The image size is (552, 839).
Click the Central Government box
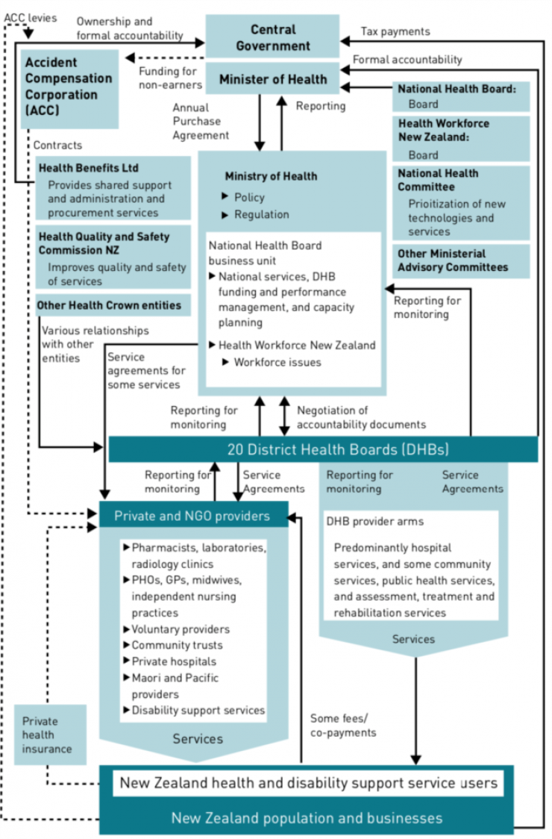click(x=272, y=37)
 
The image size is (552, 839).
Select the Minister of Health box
click(x=272, y=79)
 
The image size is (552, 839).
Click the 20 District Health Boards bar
click(x=323, y=449)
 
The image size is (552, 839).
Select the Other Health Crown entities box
click(x=110, y=305)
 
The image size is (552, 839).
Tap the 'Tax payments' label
click(x=395, y=31)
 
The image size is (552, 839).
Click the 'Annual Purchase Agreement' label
click(x=201, y=122)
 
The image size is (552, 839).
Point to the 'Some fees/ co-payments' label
click(x=343, y=725)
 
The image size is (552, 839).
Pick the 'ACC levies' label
click(x=31, y=17)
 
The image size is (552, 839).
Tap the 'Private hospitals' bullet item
click(x=174, y=661)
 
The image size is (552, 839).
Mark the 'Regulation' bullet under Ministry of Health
click(x=261, y=214)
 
